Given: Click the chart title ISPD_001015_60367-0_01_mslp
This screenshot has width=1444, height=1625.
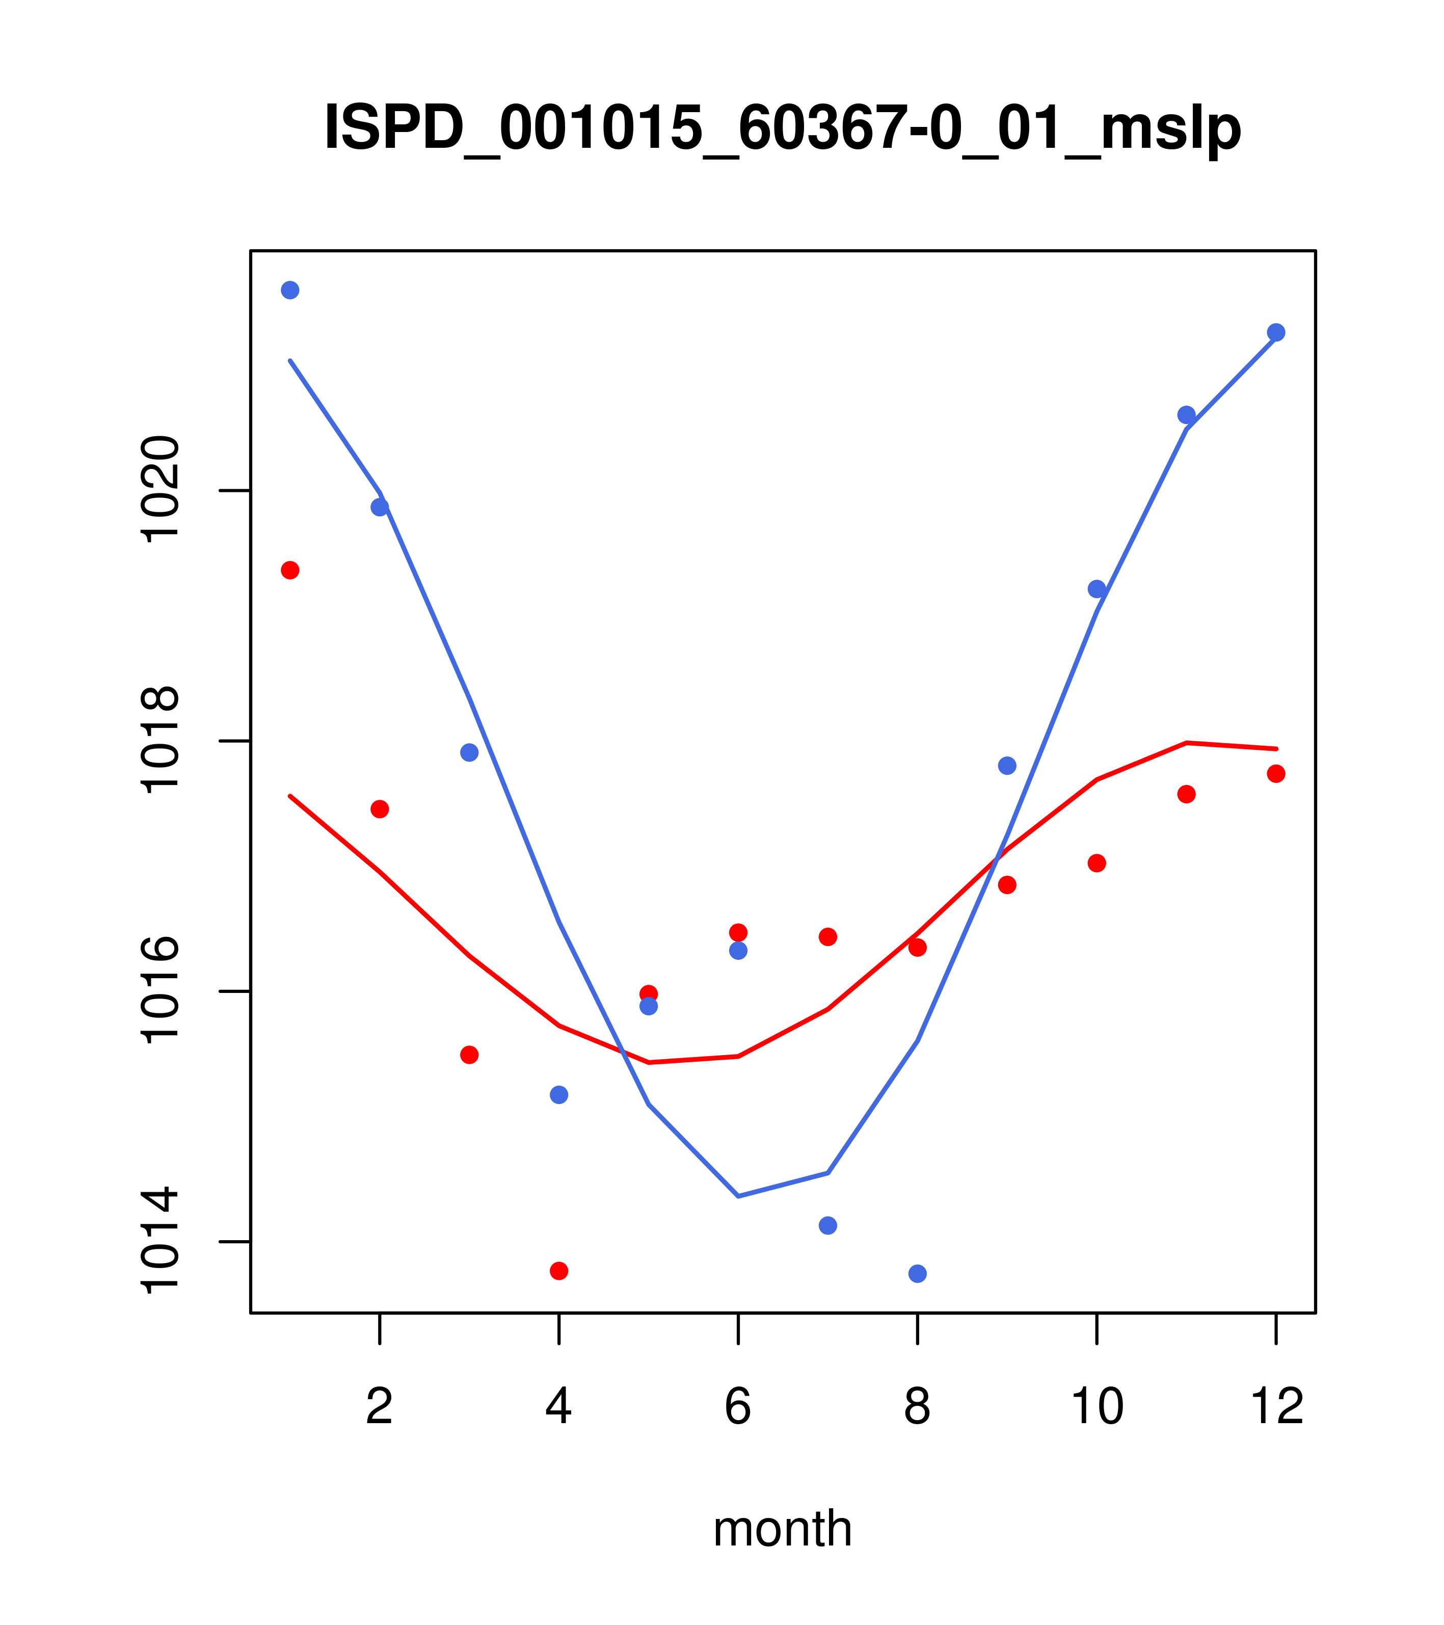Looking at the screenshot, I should click(782, 128).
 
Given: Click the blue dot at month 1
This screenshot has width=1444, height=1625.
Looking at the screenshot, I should click(290, 290).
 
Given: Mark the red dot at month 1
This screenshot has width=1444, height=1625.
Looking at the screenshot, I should click(290, 570).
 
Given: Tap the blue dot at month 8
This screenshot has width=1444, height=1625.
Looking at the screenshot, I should click(918, 1274).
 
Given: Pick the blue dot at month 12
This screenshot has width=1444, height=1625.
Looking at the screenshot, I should click(1276, 332).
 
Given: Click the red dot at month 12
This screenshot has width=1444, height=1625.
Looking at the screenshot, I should click(1276, 774).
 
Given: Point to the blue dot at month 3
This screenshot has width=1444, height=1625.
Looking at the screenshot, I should click(470, 752).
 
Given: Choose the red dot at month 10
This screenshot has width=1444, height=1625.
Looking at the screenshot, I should click(1097, 863).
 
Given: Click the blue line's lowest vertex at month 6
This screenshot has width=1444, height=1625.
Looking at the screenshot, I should click(738, 1196).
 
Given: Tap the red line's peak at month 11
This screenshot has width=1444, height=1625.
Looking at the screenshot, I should click(1187, 743).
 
